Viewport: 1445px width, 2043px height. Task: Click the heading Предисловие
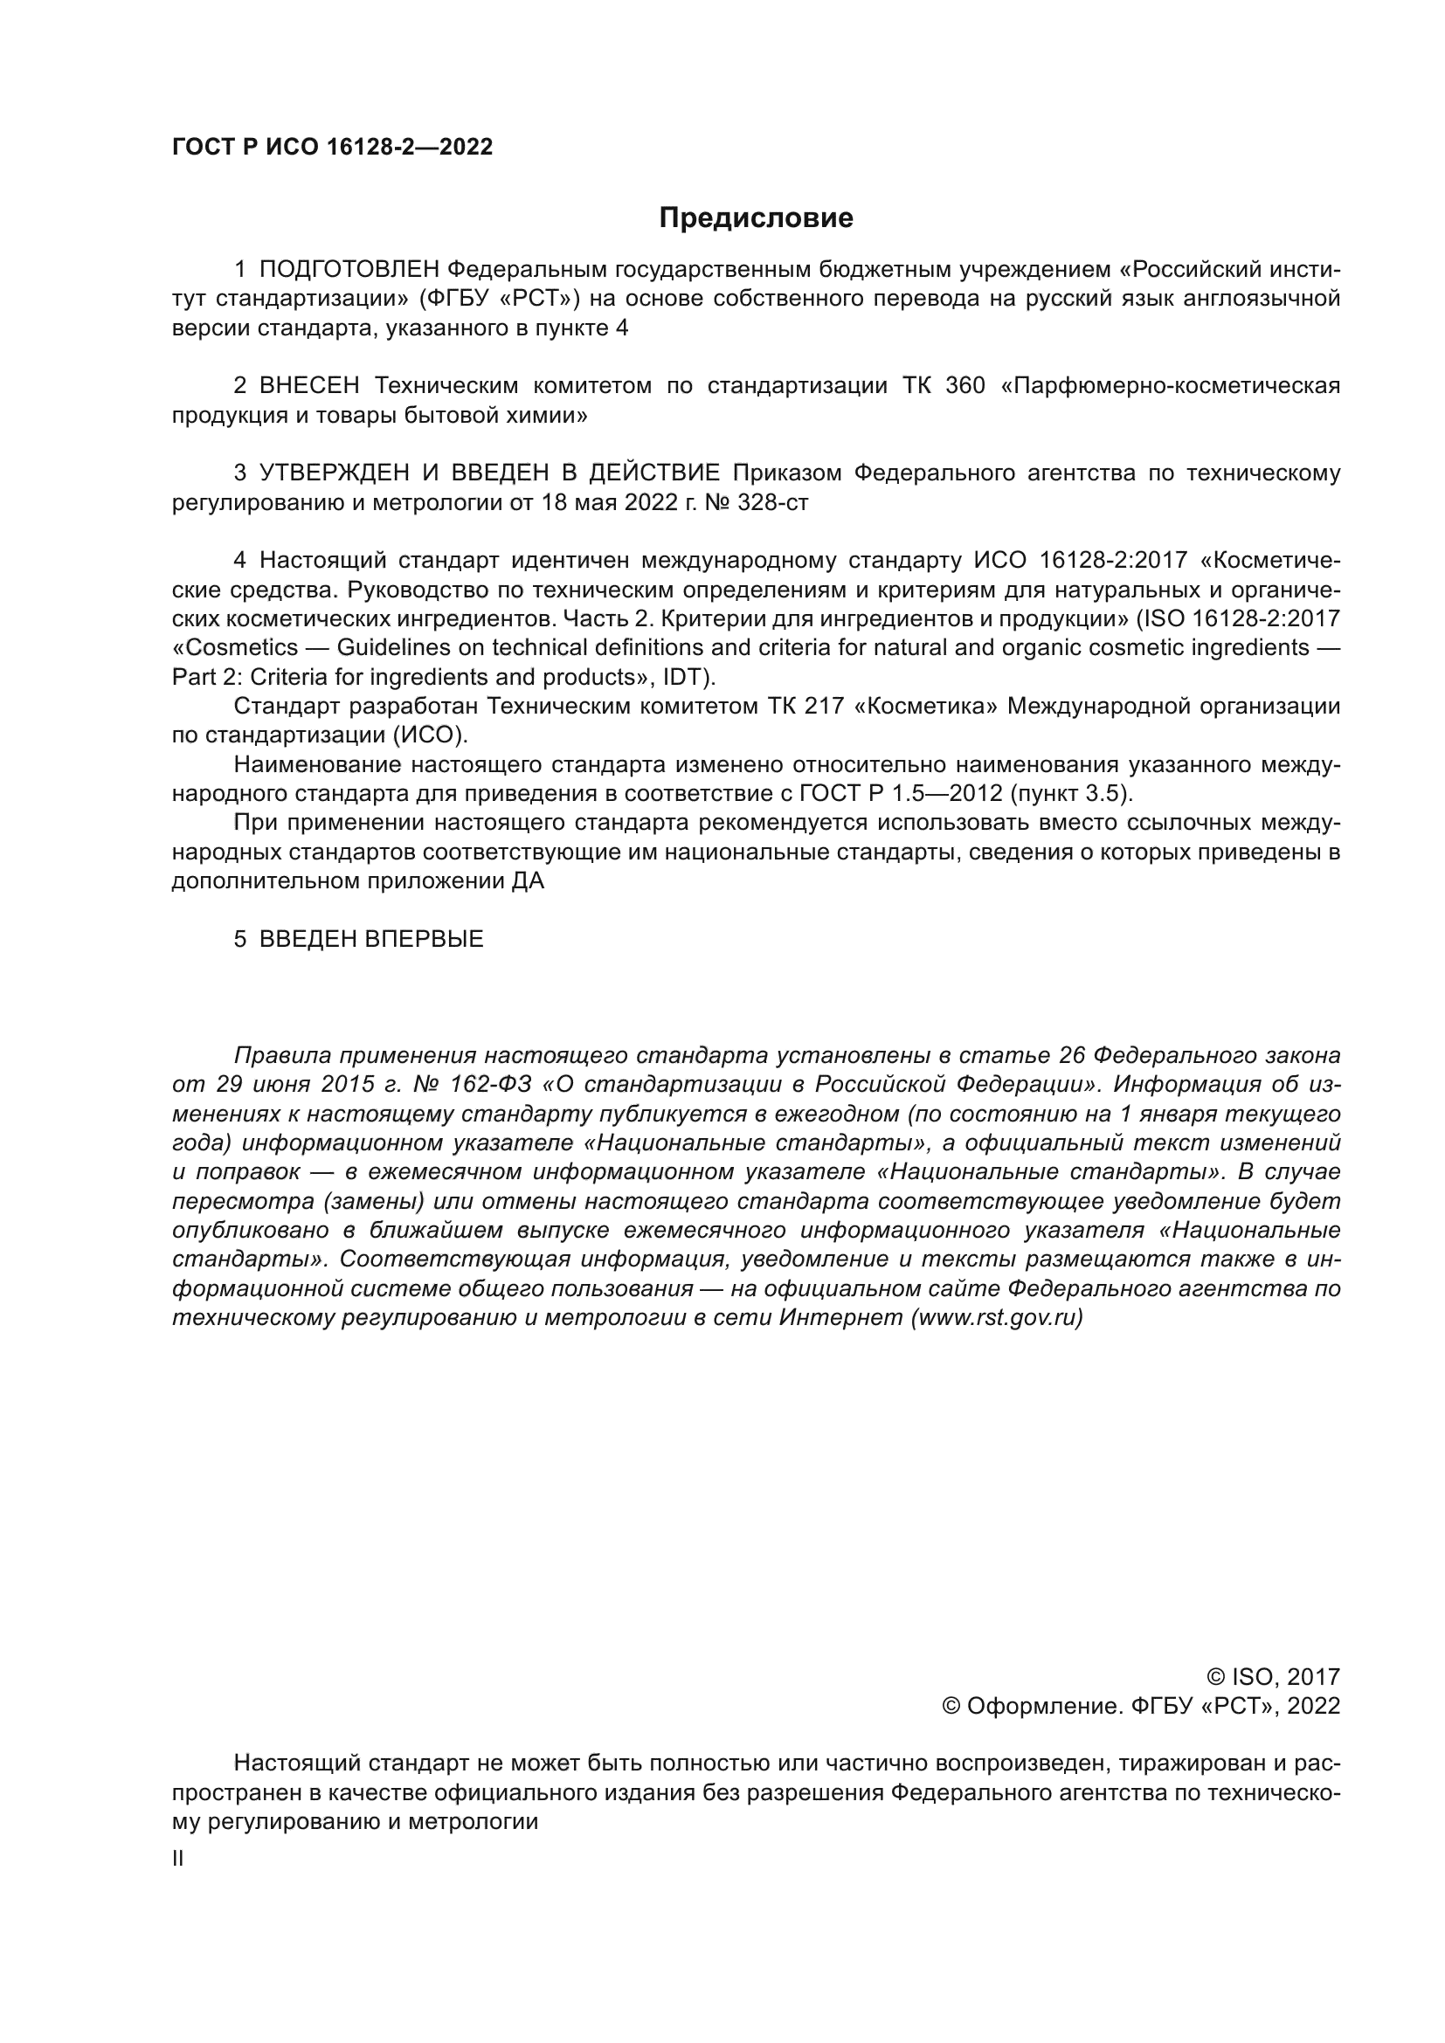tap(756, 218)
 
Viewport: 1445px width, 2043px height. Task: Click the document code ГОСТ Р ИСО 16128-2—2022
tap(332, 147)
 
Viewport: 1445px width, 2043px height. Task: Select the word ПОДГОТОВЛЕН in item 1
tap(349, 270)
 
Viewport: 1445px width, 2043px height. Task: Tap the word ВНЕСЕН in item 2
tap(309, 385)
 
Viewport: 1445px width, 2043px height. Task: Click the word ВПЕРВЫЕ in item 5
tap(424, 939)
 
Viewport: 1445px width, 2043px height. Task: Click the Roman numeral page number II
tap(178, 1858)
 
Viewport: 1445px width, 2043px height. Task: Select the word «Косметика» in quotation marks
tap(926, 706)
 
